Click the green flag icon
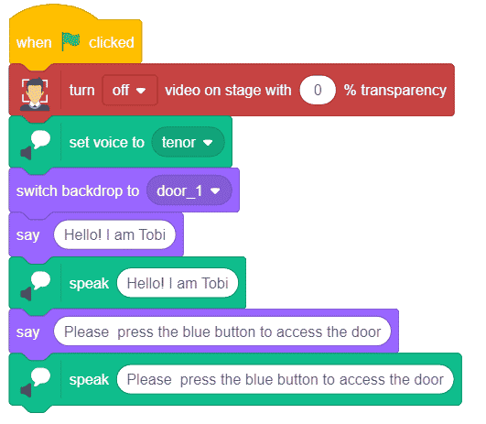(x=70, y=41)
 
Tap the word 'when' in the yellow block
(x=34, y=42)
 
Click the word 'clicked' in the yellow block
(x=112, y=42)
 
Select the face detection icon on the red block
(x=35, y=94)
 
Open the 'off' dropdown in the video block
(x=130, y=91)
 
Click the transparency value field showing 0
(x=318, y=91)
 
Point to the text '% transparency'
(x=395, y=91)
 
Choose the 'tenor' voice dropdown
(x=188, y=142)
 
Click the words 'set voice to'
(x=106, y=142)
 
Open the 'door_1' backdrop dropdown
(x=189, y=190)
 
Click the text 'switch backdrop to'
(x=78, y=190)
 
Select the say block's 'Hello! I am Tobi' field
(x=114, y=234)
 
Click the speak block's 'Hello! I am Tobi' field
(x=178, y=283)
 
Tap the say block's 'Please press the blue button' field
(x=222, y=332)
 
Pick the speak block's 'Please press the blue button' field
(x=286, y=379)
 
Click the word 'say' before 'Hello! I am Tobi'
(x=27, y=235)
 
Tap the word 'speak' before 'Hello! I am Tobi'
(x=89, y=284)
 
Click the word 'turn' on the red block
(x=81, y=91)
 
